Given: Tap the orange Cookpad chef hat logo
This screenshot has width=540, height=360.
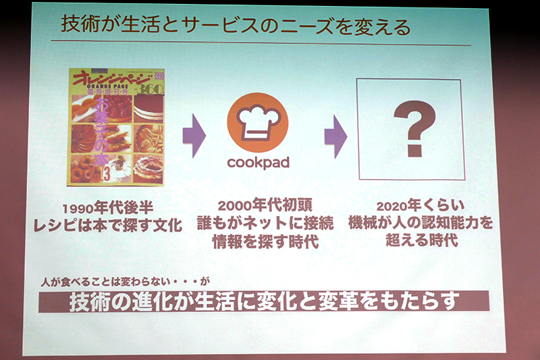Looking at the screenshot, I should (x=257, y=124).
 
